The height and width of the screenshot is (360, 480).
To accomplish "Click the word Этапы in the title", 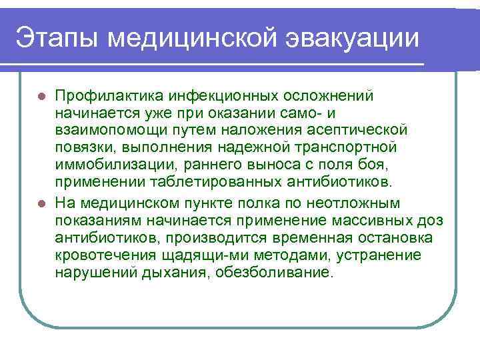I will (x=57, y=37).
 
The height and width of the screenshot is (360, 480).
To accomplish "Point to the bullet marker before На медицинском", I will (x=42, y=203).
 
